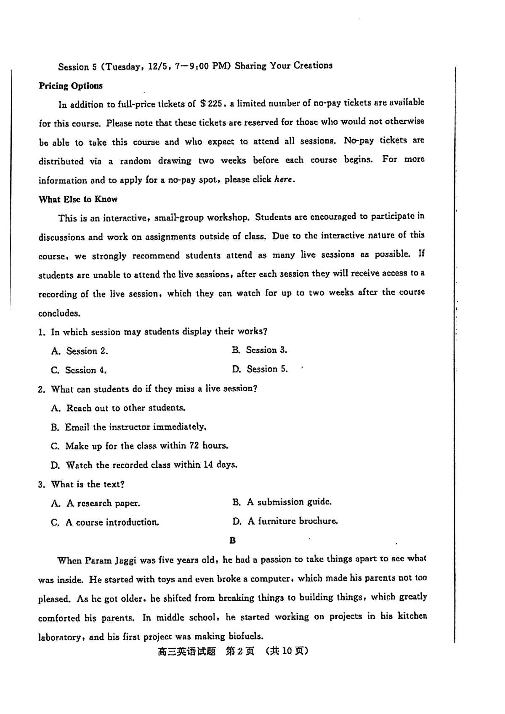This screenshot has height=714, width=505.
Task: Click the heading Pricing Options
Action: click(71, 86)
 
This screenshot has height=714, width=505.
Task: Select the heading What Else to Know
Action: click(78, 199)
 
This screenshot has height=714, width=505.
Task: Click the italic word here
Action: click(283, 179)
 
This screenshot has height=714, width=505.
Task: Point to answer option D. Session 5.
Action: click(260, 369)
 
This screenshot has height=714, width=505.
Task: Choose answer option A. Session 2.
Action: click(80, 351)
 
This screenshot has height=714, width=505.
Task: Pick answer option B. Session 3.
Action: click(259, 350)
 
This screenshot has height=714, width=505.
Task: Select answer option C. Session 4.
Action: click(79, 370)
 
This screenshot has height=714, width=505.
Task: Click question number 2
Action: click(41, 389)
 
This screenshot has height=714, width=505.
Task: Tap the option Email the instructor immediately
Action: click(128, 427)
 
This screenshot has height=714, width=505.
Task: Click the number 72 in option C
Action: click(194, 446)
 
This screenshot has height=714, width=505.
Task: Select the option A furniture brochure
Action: click(285, 521)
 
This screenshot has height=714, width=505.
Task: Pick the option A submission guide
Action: click(282, 502)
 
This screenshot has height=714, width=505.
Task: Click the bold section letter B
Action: click(233, 540)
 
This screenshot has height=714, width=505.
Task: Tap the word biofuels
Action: click(246, 636)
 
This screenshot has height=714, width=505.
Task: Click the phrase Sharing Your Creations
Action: click(284, 66)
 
